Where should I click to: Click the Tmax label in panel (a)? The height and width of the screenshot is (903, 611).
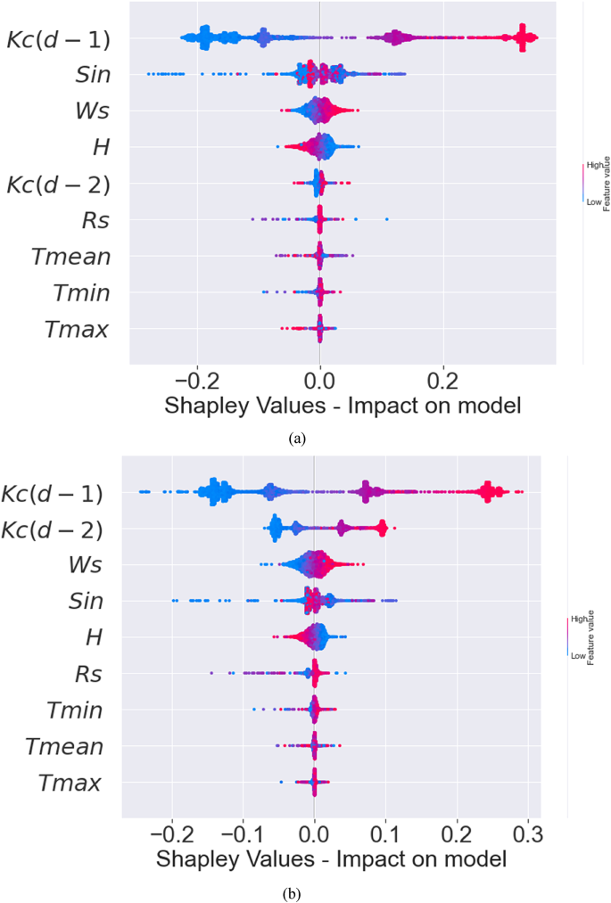(76, 331)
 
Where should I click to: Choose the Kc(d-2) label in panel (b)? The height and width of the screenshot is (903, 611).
(50, 529)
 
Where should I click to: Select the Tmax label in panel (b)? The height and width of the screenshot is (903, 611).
(70, 784)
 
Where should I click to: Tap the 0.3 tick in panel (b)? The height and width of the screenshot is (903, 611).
(528, 833)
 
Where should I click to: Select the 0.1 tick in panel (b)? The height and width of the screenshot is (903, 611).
(385, 833)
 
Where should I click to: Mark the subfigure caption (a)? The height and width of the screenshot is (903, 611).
(297, 437)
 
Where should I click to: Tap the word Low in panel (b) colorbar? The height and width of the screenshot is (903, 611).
(577, 654)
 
